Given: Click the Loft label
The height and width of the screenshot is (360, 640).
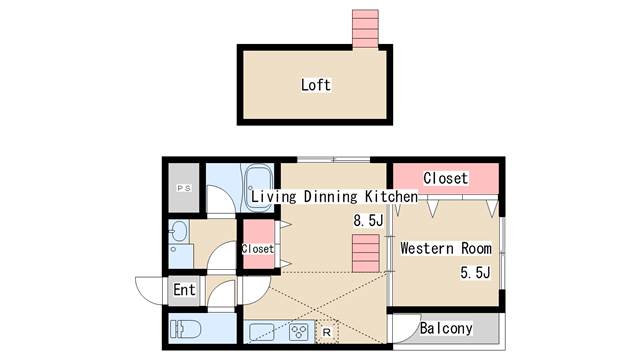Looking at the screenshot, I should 315,85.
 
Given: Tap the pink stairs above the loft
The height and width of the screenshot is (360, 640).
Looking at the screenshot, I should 364,29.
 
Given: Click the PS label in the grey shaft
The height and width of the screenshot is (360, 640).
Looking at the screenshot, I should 184,188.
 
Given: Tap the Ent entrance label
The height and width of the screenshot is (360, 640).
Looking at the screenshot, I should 184,290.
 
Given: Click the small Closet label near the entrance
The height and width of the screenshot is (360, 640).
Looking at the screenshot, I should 257,248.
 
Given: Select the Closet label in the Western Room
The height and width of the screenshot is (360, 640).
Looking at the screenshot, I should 445,178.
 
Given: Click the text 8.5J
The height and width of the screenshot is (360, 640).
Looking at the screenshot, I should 368,219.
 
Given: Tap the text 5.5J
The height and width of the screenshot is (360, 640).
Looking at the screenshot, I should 475,272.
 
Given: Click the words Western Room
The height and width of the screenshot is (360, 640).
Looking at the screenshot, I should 445,248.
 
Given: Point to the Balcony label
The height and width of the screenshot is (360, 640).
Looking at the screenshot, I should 445,328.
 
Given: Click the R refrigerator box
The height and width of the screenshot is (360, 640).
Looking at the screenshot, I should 327,331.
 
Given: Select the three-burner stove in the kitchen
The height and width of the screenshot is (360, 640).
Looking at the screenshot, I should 299,331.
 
